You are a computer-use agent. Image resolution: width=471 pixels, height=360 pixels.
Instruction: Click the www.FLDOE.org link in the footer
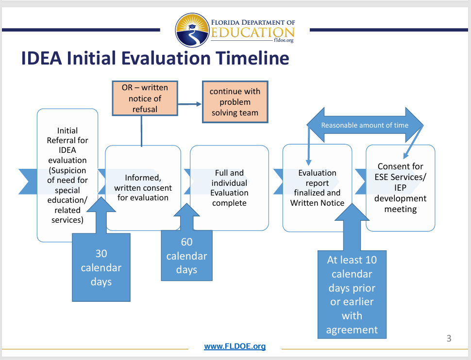235,346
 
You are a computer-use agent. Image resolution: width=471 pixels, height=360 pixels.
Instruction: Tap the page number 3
449,338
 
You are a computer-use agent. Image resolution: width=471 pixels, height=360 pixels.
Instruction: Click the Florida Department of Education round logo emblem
192,30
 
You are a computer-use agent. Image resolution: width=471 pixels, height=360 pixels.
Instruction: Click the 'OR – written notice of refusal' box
145,98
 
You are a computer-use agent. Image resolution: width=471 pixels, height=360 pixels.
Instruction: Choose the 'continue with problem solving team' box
235,102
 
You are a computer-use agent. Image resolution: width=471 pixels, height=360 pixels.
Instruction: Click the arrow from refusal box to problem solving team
189,104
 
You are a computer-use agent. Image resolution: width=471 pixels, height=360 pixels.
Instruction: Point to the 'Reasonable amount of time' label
365,125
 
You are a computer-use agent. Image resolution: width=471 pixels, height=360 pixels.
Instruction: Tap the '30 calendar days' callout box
101,267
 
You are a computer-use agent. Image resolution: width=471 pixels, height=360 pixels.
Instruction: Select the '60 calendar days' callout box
186,256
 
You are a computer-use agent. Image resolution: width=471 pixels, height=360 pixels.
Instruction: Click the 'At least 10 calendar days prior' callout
352,295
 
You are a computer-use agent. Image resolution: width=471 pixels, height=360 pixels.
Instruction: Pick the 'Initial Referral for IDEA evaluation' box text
67,175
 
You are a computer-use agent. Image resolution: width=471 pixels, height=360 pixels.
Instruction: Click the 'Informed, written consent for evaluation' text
143,188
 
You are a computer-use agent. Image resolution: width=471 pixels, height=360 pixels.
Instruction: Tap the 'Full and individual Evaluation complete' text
229,188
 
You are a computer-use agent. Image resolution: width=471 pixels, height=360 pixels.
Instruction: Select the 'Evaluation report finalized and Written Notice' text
317,188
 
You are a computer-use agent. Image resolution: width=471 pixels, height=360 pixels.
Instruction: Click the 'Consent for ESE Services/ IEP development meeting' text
401,188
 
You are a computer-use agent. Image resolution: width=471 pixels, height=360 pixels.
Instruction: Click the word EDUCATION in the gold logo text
252,33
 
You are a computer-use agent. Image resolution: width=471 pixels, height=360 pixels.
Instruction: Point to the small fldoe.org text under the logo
284,40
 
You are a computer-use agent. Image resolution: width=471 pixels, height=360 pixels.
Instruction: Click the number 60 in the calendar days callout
186,242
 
